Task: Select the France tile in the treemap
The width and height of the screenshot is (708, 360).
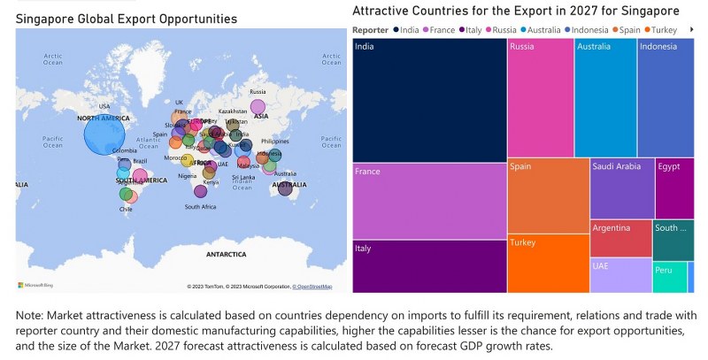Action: [429, 200]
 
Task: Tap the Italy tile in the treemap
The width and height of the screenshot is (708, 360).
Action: [429, 266]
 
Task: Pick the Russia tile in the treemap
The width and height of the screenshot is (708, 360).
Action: [540, 97]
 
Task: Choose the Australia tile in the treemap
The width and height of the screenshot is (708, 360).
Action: [605, 97]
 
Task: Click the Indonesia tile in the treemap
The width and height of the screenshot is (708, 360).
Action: [665, 97]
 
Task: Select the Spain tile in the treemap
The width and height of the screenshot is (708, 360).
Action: [548, 195]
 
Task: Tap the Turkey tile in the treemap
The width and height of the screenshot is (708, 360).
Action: [548, 264]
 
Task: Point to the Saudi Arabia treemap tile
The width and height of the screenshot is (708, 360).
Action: [621, 188]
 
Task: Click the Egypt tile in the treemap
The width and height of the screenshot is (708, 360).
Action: [674, 188]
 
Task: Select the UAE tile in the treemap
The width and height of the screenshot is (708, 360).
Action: [620, 275]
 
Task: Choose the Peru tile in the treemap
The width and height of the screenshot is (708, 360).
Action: [669, 278]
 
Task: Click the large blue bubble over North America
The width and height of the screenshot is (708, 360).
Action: [104, 136]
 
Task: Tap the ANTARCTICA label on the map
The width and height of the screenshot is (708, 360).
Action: [226, 254]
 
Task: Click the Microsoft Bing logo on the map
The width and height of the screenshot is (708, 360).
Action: [36, 285]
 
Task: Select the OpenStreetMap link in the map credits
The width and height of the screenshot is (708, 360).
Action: [313, 287]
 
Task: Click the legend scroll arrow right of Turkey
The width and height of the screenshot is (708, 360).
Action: [690, 30]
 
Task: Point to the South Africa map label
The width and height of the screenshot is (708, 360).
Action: [200, 206]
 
